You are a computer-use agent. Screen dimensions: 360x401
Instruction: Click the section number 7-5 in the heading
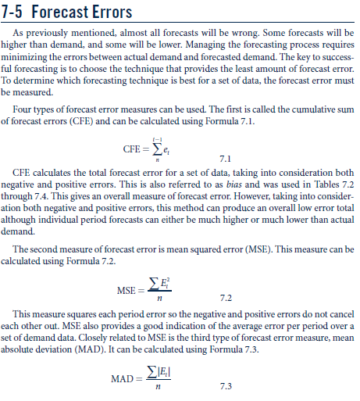click(16, 12)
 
